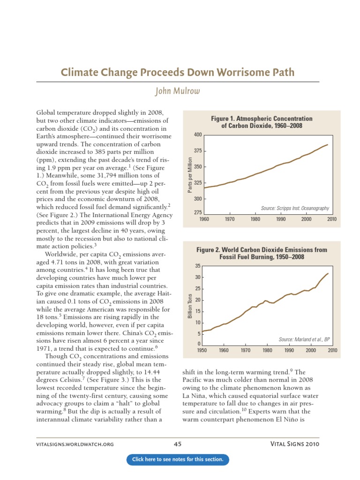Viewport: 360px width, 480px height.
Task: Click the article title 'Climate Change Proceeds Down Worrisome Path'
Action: point(178,72)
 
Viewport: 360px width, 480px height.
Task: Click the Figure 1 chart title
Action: point(262,122)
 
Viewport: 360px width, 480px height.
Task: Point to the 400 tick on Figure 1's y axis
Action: point(197,135)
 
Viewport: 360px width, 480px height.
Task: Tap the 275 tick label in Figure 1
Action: point(197,213)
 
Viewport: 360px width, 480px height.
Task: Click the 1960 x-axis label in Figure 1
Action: point(204,219)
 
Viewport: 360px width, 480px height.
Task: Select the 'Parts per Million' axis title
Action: point(190,174)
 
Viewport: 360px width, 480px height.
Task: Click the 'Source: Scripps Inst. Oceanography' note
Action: point(294,208)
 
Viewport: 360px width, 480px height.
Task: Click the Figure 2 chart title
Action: point(262,254)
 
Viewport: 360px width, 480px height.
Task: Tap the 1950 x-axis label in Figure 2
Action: point(202,350)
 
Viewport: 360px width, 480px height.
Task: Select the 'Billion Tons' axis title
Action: point(190,306)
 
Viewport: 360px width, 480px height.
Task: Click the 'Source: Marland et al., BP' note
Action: point(301,338)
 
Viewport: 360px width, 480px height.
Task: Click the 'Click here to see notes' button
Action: point(178,459)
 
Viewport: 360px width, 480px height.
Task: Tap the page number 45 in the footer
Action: point(178,444)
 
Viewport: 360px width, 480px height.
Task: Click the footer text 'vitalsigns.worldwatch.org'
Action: point(75,444)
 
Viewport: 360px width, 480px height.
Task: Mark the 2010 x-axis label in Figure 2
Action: point(332,350)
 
